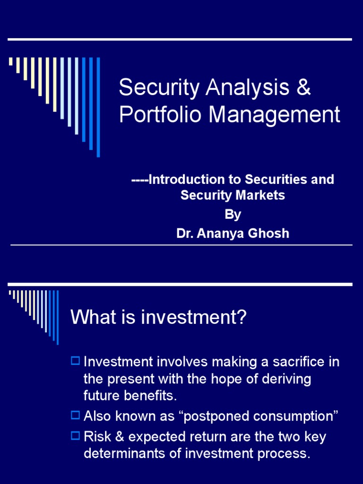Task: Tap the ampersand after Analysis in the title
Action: [304, 87]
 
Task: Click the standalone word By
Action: [233, 214]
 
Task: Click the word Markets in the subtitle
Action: [262, 195]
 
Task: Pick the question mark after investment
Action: [242, 318]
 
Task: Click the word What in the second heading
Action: [90, 318]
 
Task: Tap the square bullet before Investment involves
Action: [75, 362]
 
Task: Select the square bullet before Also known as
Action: [75, 415]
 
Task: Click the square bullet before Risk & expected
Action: [75, 436]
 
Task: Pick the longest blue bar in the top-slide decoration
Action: [98, 107]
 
